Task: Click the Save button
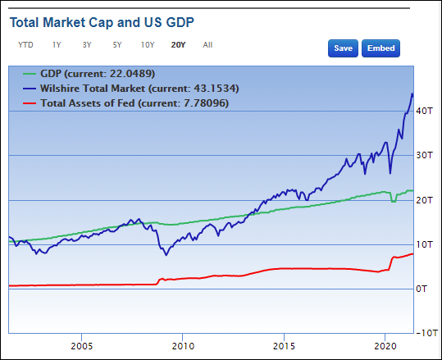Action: tap(343, 48)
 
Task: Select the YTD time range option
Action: tap(25, 45)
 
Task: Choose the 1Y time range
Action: tap(57, 45)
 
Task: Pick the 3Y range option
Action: tap(87, 45)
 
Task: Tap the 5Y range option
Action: tap(117, 45)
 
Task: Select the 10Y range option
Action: tap(148, 45)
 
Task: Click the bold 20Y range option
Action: tap(178, 45)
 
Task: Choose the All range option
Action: tap(207, 45)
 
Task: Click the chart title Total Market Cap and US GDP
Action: tap(102, 23)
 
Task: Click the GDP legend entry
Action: tap(89, 74)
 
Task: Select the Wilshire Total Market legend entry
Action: tap(131, 89)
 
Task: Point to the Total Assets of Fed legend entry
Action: tap(125, 103)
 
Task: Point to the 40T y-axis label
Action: tap(424, 111)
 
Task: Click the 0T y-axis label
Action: tap(422, 289)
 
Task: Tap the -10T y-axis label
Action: tap(426, 333)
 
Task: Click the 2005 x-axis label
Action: tap(82, 346)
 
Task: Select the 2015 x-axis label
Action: tap(284, 346)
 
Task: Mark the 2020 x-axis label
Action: tap(385, 346)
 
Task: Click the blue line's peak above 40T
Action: tap(412, 93)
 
